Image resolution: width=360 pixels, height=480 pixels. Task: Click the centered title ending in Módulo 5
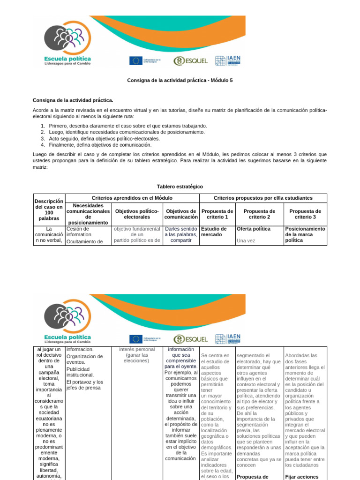pos(180,80)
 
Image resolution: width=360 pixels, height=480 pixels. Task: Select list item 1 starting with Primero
pos(124,126)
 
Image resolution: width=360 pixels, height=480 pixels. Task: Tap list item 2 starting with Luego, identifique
pos(123,132)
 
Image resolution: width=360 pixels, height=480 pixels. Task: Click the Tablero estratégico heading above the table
pos(180,187)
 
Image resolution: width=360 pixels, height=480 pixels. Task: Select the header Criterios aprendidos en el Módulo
pos(132,198)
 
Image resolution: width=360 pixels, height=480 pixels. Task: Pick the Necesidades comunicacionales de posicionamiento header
pos(89,214)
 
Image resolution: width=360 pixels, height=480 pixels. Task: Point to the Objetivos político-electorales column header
pos(137,214)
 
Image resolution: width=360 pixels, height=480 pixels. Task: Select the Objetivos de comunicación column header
pos(181,214)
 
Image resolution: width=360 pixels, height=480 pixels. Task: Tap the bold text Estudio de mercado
pos(214,232)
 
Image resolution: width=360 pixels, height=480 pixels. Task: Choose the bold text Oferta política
pos(254,229)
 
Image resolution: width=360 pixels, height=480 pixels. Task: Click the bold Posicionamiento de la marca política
pos(305,234)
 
